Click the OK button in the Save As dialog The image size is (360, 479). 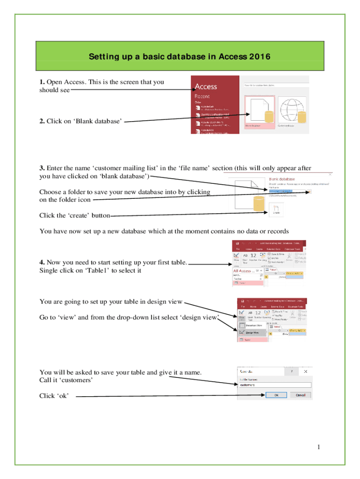[x=276, y=394]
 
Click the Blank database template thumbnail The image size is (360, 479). [x=259, y=112]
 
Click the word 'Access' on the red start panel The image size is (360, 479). [x=206, y=86]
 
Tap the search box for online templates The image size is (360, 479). [x=275, y=85]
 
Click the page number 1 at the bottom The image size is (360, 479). [x=318, y=448]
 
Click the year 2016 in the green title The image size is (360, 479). [x=260, y=57]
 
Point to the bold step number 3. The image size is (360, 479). [x=42, y=168]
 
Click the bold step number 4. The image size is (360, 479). [x=42, y=262]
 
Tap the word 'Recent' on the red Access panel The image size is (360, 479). [x=202, y=96]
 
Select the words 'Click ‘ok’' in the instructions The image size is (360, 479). [x=54, y=396]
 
